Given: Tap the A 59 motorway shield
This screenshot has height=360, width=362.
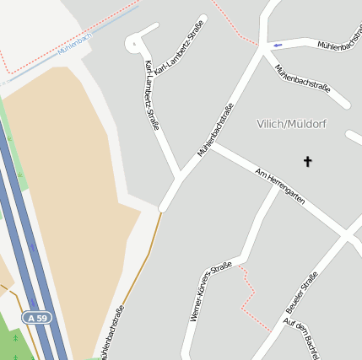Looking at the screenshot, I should coord(36,318).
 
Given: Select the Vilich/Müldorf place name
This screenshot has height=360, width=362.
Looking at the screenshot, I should coord(291,124).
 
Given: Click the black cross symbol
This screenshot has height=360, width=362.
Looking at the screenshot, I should coord(307,161).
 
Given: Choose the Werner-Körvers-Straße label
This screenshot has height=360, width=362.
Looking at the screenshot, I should coord(210,292).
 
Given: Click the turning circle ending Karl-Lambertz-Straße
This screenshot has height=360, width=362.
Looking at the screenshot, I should coord(134,43).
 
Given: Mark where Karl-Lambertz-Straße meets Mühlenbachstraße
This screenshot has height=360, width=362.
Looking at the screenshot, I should coord(180,176).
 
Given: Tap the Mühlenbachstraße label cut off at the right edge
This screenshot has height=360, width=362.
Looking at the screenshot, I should coord(340,49).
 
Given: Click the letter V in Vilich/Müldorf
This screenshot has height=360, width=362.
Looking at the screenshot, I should coord(260,125).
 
